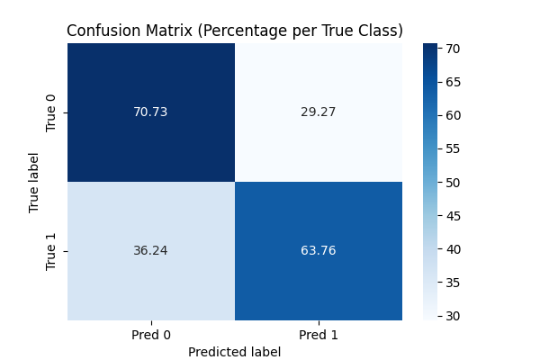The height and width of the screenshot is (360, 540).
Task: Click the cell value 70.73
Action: tap(151, 112)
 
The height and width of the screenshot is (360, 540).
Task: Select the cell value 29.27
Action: tap(319, 112)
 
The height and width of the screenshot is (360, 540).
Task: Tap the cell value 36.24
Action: tap(151, 251)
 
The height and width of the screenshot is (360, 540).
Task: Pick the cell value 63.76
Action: tap(319, 251)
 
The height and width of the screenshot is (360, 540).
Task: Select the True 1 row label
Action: tap(50, 251)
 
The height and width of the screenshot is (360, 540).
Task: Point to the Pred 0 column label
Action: tap(151, 335)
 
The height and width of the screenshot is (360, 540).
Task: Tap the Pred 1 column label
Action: tap(319, 335)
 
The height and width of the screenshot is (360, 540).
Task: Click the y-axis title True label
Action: tap(34, 182)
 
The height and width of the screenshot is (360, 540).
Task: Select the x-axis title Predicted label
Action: tap(235, 352)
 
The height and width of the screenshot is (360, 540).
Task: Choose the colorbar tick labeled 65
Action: tap(453, 82)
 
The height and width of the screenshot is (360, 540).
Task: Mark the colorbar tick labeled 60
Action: tap(453, 115)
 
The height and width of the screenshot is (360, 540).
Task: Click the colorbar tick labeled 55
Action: tap(453, 148)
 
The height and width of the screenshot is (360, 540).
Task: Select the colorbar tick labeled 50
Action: tap(453, 183)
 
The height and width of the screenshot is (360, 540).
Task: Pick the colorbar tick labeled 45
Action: tap(453, 216)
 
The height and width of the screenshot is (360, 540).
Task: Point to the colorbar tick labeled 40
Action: tap(453, 249)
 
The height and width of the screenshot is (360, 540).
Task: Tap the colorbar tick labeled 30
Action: tap(453, 316)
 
